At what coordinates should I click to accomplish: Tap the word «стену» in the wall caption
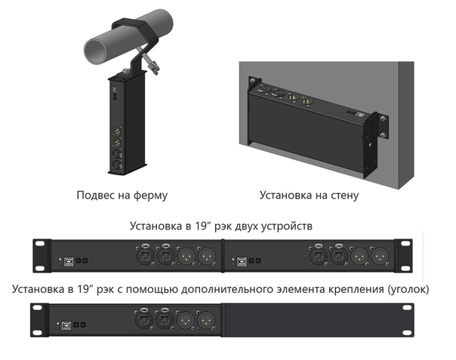(x=344, y=195)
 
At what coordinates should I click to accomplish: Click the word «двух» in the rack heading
(x=246, y=226)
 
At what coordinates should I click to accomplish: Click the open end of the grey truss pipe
(x=95, y=50)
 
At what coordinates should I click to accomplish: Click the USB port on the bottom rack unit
(x=66, y=325)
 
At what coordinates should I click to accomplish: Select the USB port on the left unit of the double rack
(x=69, y=261)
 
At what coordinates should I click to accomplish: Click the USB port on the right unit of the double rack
(x=242, y=261)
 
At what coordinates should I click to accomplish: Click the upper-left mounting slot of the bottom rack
(x=38, y=307)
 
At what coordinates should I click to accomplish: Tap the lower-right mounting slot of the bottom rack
(x=407, y=333)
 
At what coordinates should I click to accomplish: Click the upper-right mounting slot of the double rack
(x=405, y=243)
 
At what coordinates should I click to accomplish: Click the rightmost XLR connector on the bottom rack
(x=206, y=320)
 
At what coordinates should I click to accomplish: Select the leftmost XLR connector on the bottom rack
(x=144, y=320)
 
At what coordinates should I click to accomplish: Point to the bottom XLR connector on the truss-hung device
(x=117, y=165)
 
